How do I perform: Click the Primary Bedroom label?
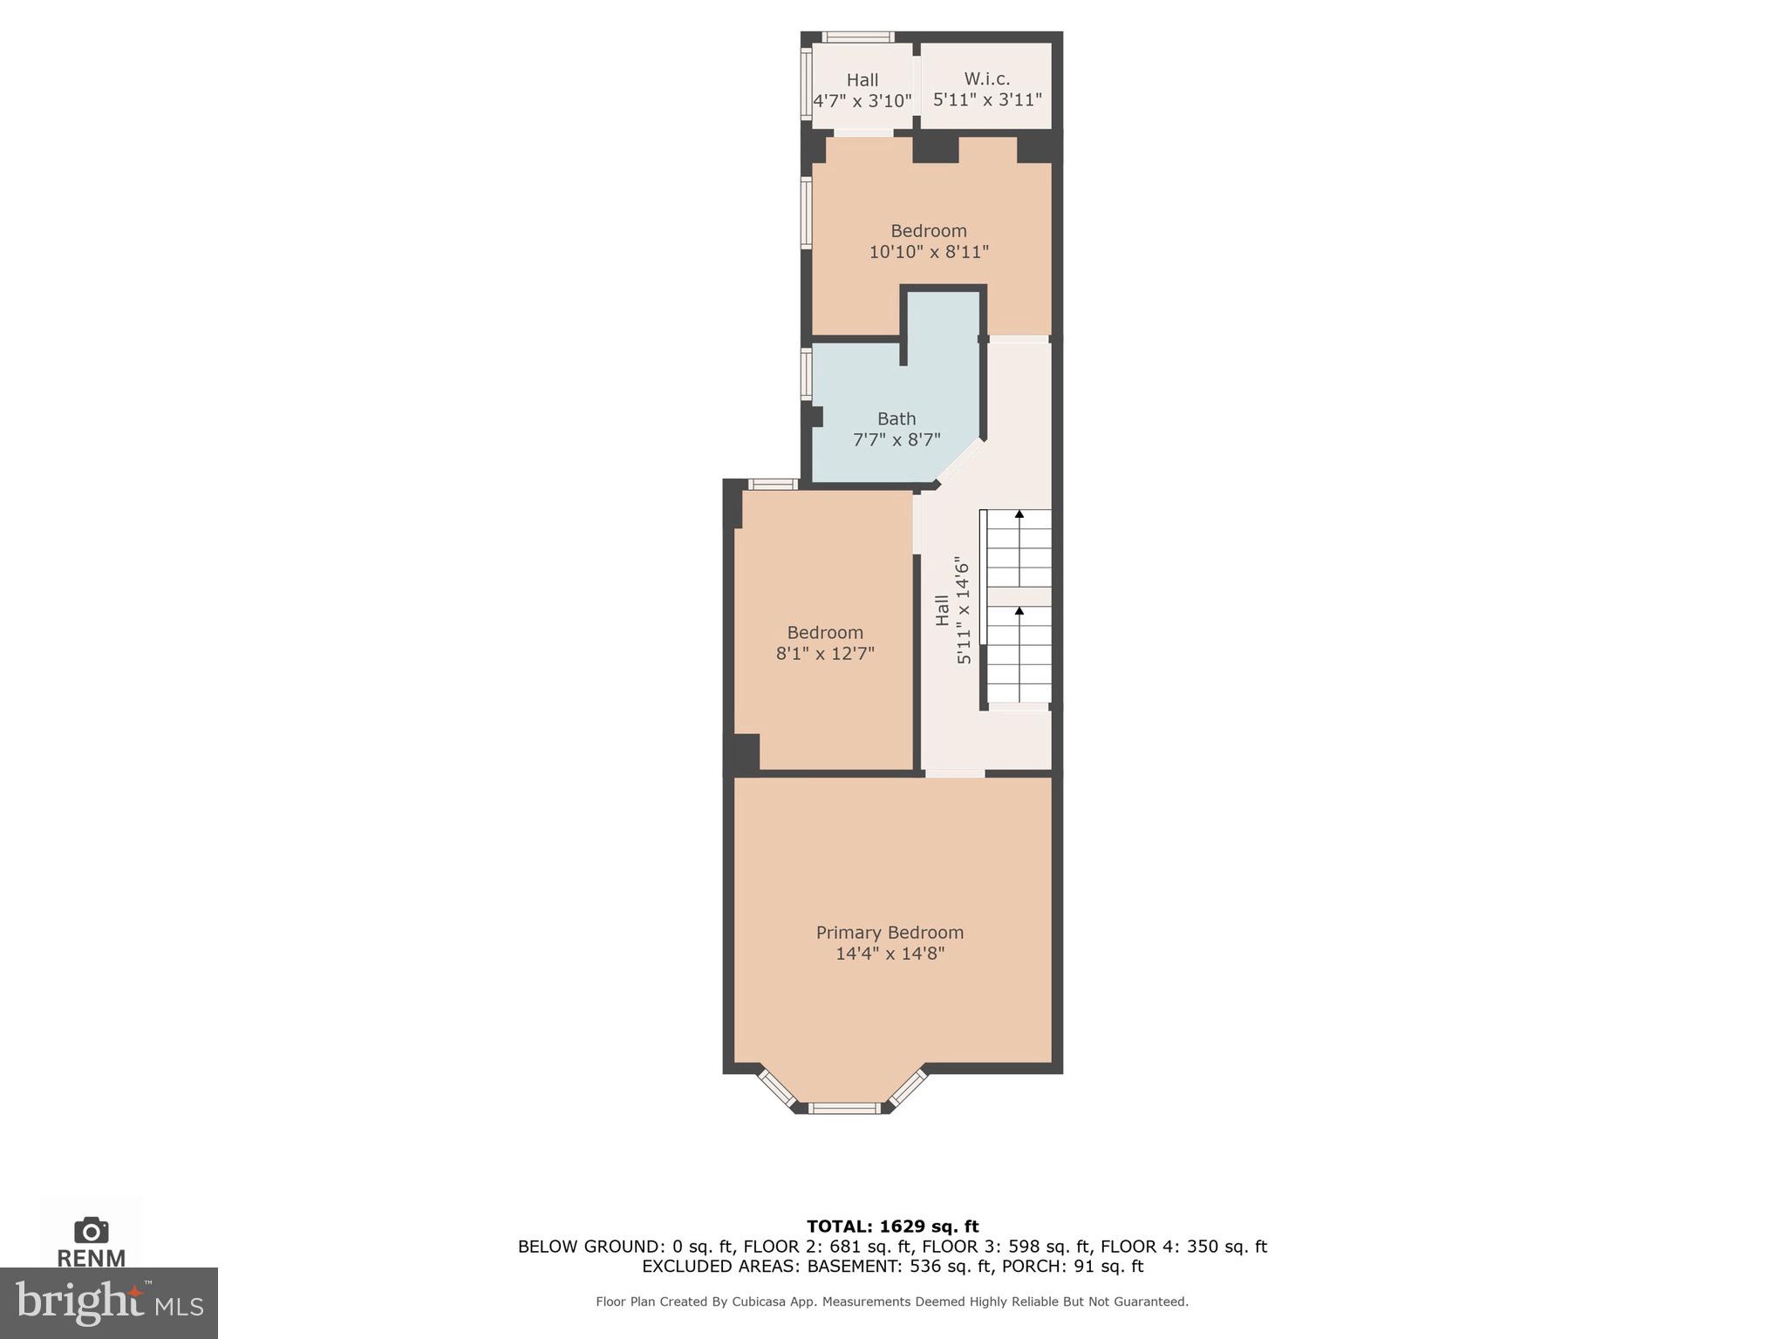point(890,933)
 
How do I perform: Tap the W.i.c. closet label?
point(987,78)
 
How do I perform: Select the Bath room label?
point(896,418)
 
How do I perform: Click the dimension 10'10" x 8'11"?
point(929,252)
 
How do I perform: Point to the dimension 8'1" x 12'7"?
point(825,653)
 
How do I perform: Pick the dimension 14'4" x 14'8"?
point(890,954)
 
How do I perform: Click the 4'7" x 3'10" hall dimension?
point(862,101)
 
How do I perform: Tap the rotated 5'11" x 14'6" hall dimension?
point(964,610)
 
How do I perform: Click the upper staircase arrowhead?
point(1019,514)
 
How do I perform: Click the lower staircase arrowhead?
point(1019,611)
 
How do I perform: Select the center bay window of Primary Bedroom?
point(843,1108)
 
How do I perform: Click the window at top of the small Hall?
point(859,37)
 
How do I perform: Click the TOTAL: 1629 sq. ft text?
point(892,1227)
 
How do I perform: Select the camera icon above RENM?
point(92,1231)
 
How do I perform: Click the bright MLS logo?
point(109,1302)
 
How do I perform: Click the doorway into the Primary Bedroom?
point(955,773)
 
